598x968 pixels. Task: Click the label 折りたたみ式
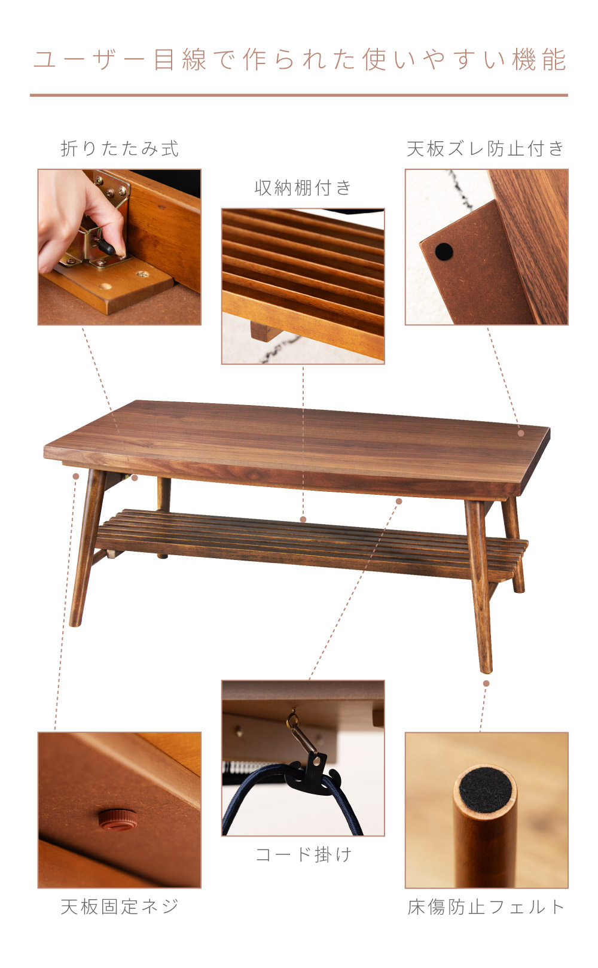pyautogui.click(x=120, y=148)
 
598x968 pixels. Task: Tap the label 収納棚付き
pyautogui.click(x=303, y=188)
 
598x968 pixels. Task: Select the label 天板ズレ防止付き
pyautogui.click(x=486, y=148)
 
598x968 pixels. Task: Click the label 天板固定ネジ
pyautogui.click(x=120, y=906)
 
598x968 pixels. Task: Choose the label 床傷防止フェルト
pyautogui.click(x=486, y=906)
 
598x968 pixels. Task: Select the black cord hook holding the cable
pyautogui.click(x=315, y=777)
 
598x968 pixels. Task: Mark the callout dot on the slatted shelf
pyautogui.click(x=303, y=519)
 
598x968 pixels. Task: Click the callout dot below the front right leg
pyautogui.click(x=486, y=683)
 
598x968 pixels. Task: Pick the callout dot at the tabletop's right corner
pyautogui.click(x=521, y=433)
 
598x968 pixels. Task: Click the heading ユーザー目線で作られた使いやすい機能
pyautogui.click(x=300, y=59)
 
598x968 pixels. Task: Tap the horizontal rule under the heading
pyautogui.click(x=299, y=95)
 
